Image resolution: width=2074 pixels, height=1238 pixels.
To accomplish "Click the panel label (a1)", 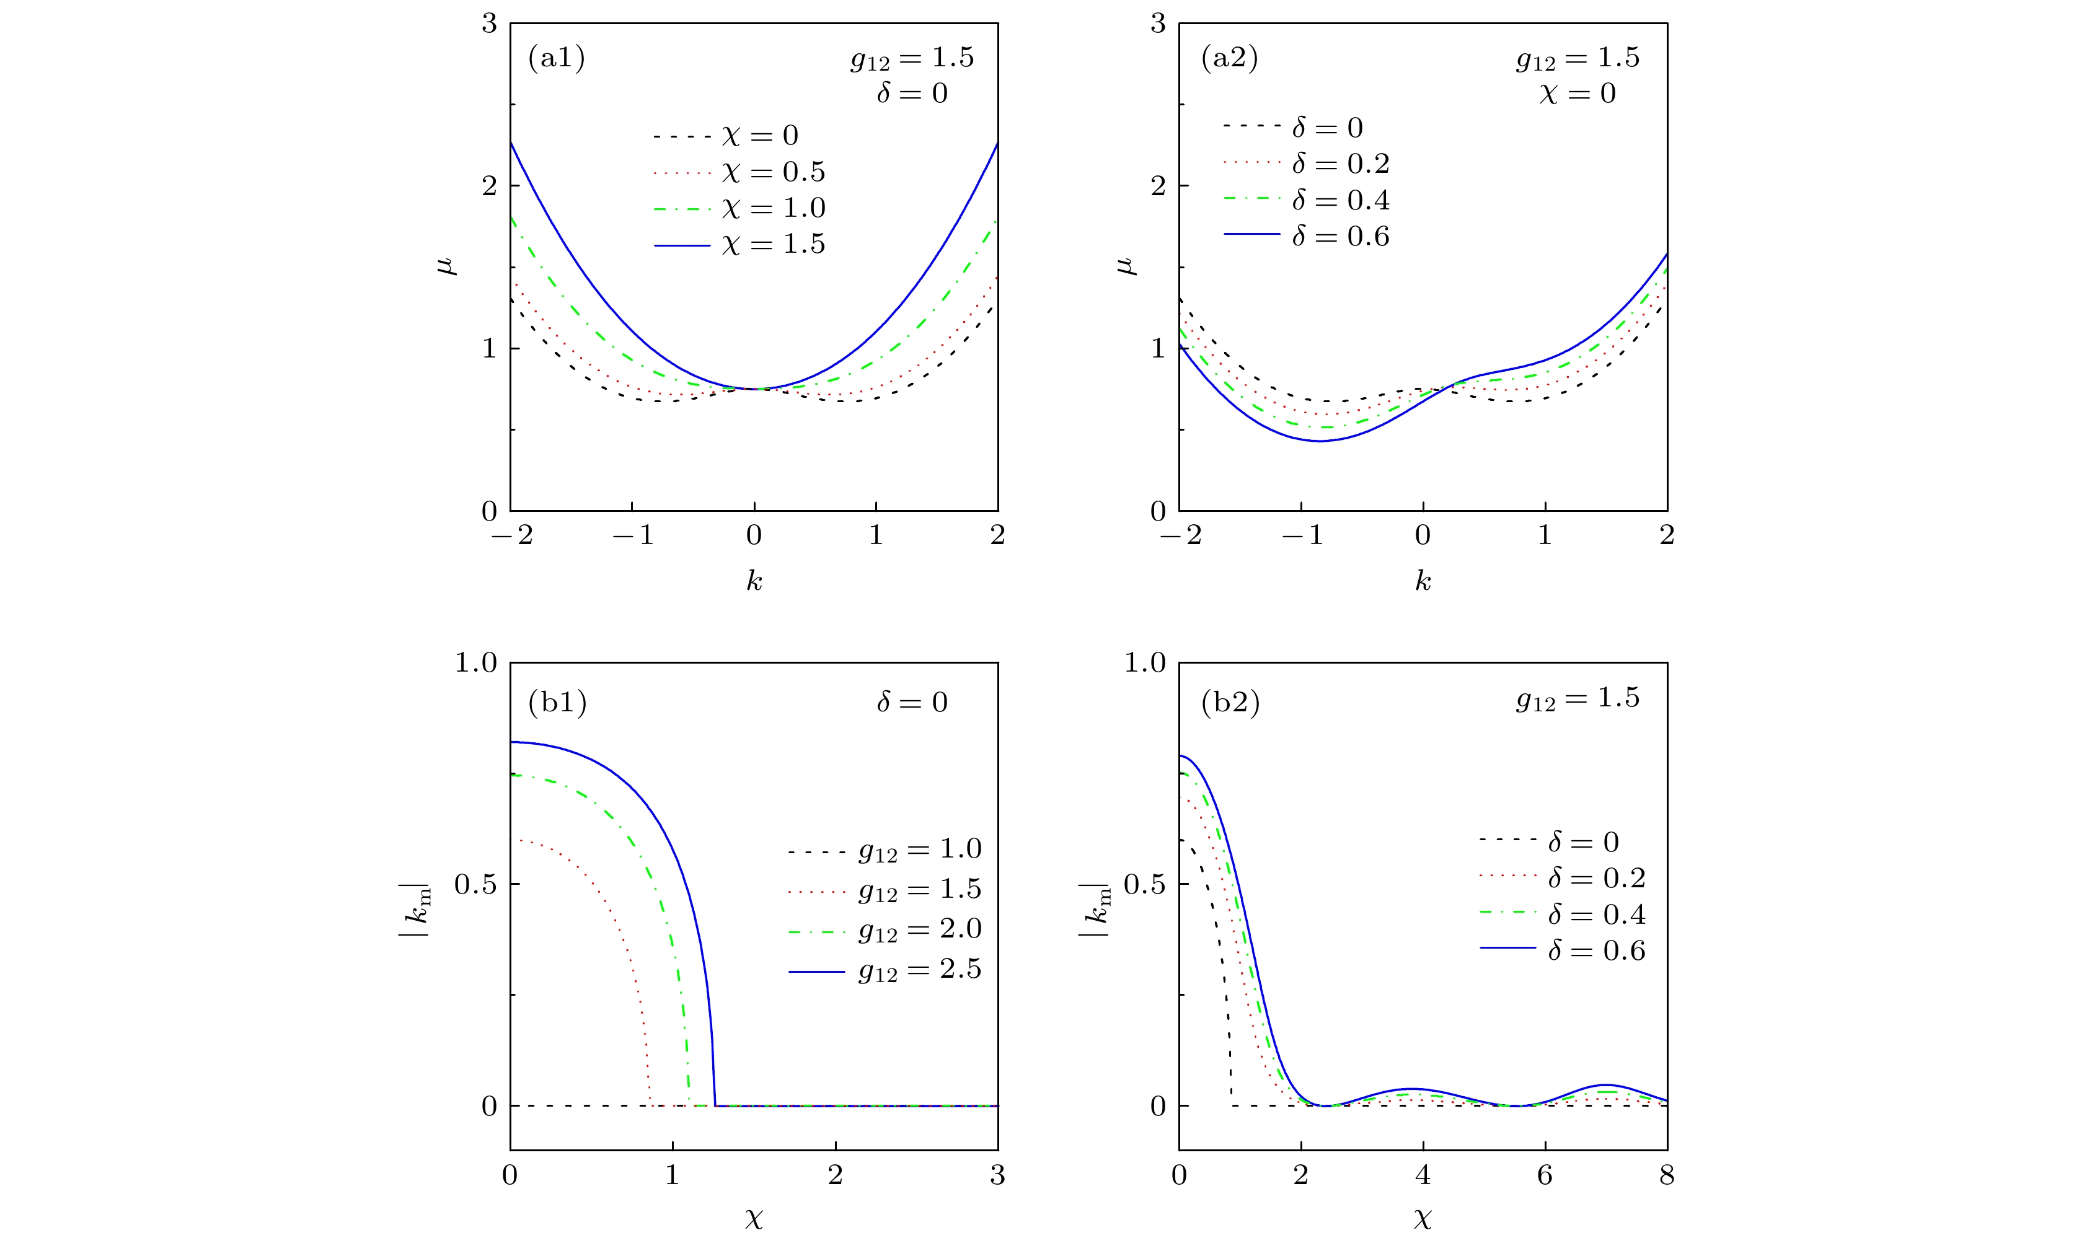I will coord(557,58).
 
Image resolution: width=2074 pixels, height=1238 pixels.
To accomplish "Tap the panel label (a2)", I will coord(1229,58).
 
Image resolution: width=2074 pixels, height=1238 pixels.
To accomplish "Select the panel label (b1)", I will coord(557,703).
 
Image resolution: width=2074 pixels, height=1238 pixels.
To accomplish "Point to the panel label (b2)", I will coord(1230,703).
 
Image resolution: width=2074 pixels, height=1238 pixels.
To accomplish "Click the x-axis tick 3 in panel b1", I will coord(997,1175).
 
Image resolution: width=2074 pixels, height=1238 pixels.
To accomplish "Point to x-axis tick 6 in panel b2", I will coord(1544,1175).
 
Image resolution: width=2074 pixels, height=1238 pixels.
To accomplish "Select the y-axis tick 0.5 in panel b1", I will coord(475,884).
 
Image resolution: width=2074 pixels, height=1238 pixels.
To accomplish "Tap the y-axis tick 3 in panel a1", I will coord(489,24).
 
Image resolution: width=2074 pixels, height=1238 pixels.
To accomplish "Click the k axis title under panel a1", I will coord(753,581).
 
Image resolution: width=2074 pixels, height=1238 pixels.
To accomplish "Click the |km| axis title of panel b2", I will coord(1094,910).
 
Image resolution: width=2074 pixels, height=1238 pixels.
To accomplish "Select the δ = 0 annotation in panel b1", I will coord(912,703).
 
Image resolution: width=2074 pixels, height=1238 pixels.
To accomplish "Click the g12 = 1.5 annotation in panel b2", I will coord(1577,698).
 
